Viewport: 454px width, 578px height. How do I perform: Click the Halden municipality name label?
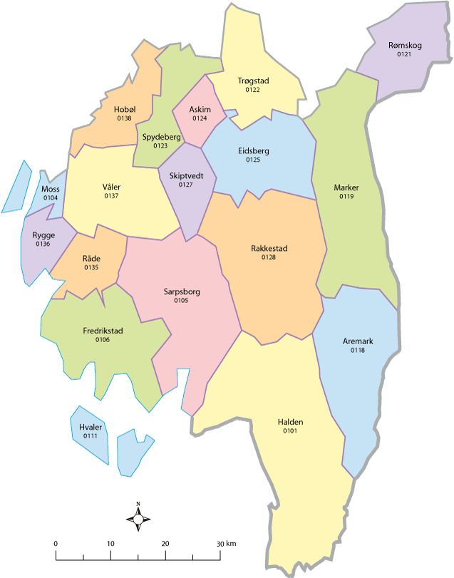[290, 422]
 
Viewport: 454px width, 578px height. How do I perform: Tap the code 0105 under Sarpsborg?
[181, 301]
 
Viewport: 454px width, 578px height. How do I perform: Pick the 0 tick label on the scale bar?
[56, 544]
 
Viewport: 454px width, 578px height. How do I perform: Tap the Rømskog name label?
[406, 45]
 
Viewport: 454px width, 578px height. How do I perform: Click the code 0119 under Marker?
[346, 196]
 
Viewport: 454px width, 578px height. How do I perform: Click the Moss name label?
[50, 189]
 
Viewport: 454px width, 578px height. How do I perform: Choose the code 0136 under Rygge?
[43, 244]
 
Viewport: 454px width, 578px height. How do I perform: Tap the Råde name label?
[91, 259]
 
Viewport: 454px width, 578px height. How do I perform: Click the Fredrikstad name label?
[102, 331]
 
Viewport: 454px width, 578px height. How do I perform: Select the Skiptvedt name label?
[186, 175]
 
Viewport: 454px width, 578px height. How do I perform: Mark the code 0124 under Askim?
[200, 118]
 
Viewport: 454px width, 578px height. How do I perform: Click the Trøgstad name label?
[253, 81]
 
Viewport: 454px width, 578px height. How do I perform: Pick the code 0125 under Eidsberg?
[253, 160]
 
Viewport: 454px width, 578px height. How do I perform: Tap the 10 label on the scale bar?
[110, 544]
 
